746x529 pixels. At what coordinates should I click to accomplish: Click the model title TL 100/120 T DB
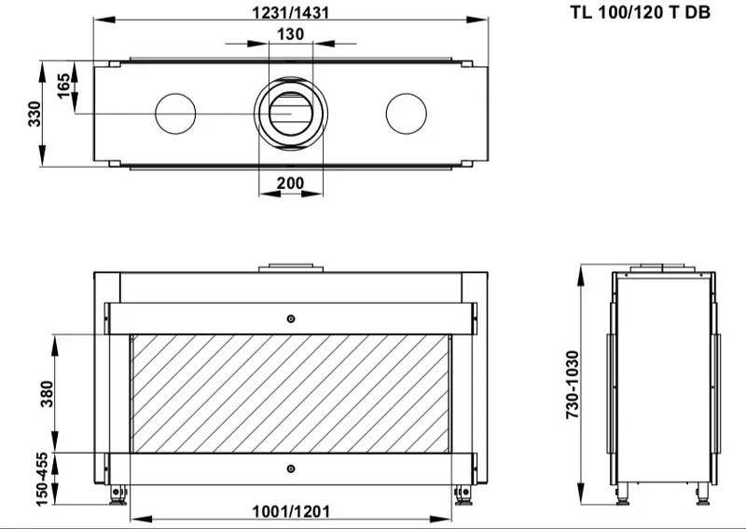640,12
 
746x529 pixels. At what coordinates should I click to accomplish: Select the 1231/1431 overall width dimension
290,12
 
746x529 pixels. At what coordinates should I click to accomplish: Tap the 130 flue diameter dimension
290,34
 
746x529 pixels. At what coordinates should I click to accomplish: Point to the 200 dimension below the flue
290,183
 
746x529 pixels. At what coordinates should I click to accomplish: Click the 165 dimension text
63,86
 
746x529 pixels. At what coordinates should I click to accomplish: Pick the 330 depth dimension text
35,114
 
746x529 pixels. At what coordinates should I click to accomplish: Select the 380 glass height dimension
47,394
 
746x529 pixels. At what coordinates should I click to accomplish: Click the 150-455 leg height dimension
42,479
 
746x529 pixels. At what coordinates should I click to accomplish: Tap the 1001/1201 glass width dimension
291,511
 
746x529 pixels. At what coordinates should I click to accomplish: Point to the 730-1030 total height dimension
573,385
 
